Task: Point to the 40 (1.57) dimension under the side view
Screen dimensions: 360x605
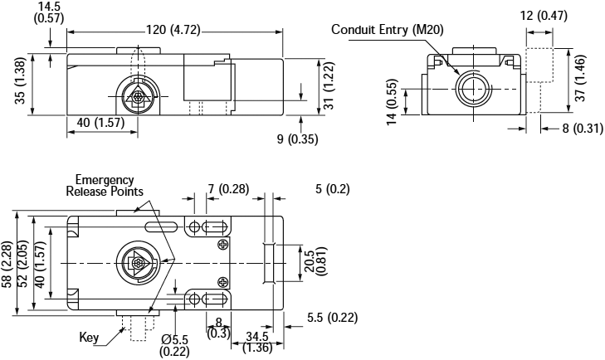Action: click(x=95, y=123)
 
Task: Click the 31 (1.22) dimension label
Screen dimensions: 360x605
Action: click(x=328, y=88)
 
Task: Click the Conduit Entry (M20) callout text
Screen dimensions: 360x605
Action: click(x=388, y=30)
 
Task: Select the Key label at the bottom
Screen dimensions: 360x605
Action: click(x=90, y=338)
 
